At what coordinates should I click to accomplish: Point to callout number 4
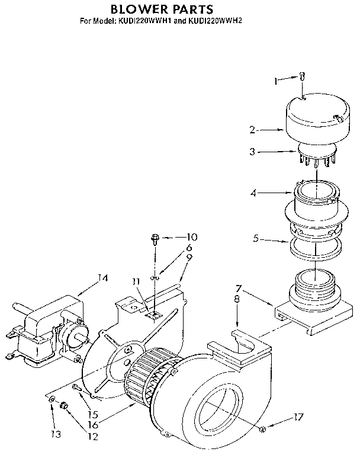pyautogui.click(x=253, y=192)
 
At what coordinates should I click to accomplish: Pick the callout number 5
pyautogui.click(x=255, y=240)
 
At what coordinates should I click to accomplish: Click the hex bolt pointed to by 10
pyautogui.click(x=155, y=239)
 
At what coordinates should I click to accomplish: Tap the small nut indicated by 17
pyautogui.click(x=262, y=428)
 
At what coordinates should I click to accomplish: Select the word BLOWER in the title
pyautogui.click(x=138, y=10)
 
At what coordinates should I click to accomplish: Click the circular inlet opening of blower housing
pyautogui.click(x=217, y=412)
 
